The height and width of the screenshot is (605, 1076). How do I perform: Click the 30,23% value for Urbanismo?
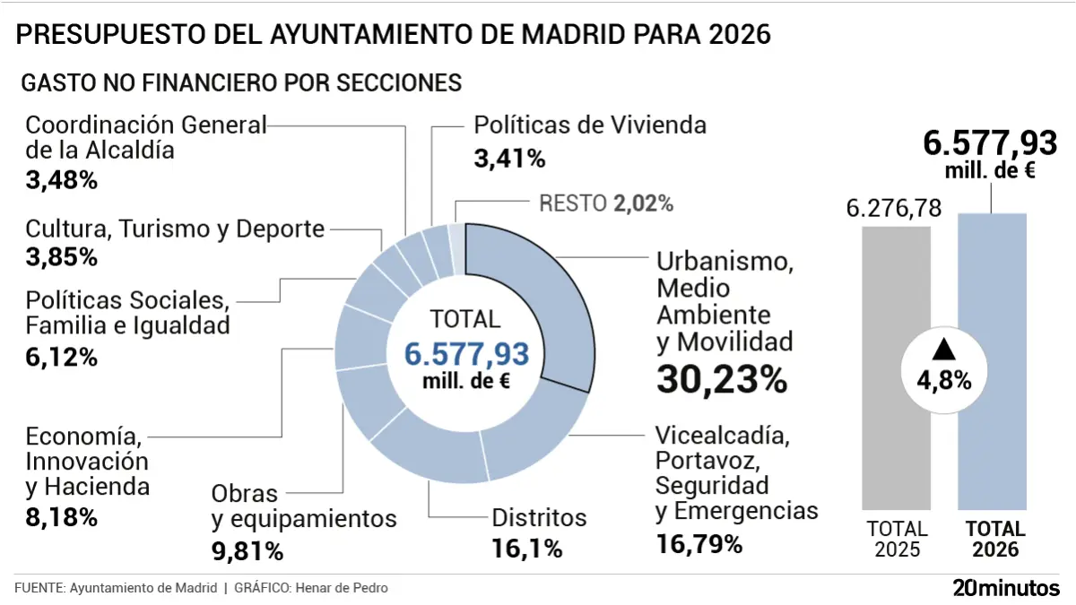722,379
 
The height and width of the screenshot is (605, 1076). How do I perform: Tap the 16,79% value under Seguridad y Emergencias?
699,544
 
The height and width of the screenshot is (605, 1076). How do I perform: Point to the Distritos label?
539,518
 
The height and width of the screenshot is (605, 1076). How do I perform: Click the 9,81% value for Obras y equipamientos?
247,549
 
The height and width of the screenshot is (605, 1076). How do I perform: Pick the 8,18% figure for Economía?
61,518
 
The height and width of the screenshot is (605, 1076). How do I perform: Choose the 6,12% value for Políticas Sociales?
61,357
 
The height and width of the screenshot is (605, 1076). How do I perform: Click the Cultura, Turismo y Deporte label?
175,229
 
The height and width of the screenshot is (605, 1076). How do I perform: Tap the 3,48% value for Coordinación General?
61,179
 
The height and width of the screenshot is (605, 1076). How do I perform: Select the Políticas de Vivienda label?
590,125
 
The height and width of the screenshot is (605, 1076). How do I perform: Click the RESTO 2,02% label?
606,203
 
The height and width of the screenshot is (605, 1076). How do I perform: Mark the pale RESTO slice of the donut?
457,235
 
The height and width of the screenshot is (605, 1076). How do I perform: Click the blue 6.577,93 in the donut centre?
466,353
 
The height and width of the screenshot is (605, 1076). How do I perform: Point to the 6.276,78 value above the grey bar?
893,208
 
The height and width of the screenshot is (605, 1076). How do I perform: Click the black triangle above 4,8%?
943,349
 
